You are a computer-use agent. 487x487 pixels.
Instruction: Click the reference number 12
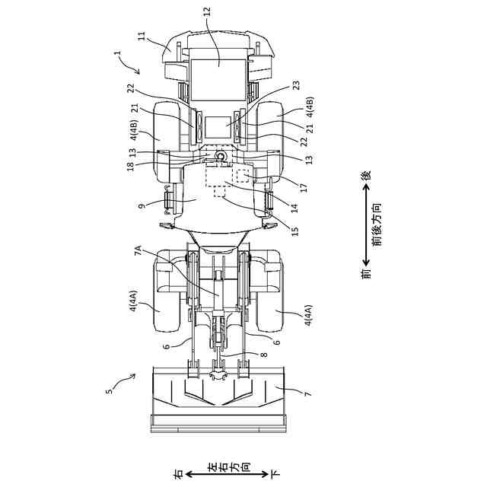pyautogui.click(x=208, y=12)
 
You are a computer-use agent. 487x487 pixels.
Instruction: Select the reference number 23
pyautogui.click(x=297, y=85)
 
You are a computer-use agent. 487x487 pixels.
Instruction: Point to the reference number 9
pyautogui.click(x=142, y=205)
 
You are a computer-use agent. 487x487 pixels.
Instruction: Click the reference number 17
pyautogui.click(x=304, y=187)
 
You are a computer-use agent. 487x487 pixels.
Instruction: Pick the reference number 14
pyautogui.click(x=294, y=208)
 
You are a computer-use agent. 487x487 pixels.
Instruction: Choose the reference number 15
pyautogui.click(x=294, y=231)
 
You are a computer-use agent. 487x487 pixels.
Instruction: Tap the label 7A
pyautogui.click(x=138, y=250)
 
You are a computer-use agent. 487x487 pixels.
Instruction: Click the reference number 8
pyautogui.click(x=264, y=355)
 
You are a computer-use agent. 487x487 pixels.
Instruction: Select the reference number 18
pyautogui.click(x=131, y=166)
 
